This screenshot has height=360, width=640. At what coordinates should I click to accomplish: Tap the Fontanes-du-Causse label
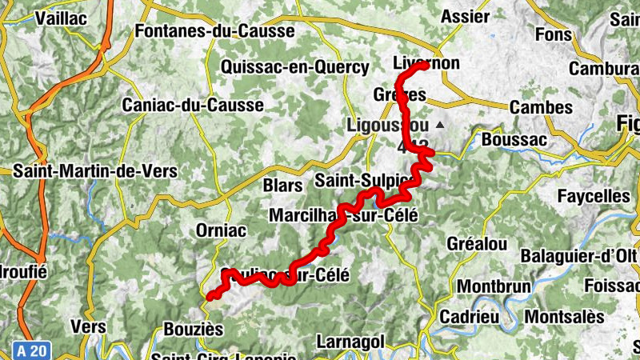[x=215, y=31]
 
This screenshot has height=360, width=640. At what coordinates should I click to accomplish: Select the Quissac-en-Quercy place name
[x=295, y=67]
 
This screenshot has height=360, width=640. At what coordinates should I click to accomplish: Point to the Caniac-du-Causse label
[x=192, y=105]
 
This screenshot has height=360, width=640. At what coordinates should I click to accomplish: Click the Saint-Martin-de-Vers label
[x=95, y=171]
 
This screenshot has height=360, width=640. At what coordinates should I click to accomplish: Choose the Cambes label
[x=541, y=107]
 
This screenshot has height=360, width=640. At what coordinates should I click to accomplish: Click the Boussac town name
[x=514, y=139]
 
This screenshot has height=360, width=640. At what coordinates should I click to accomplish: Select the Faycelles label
[x=594, y=196]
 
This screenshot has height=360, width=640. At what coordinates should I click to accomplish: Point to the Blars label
[x=283, y=186]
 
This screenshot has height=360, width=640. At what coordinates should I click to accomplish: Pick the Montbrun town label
[x=490, y=286]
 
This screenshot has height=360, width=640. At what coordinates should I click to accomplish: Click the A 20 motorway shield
[x=30, y=350]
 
